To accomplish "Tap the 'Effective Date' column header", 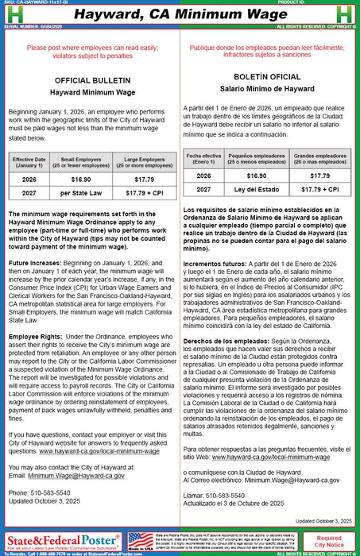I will pos(29,163).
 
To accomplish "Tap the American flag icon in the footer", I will pos(140,541).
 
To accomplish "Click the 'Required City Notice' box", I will pos(329,542).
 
